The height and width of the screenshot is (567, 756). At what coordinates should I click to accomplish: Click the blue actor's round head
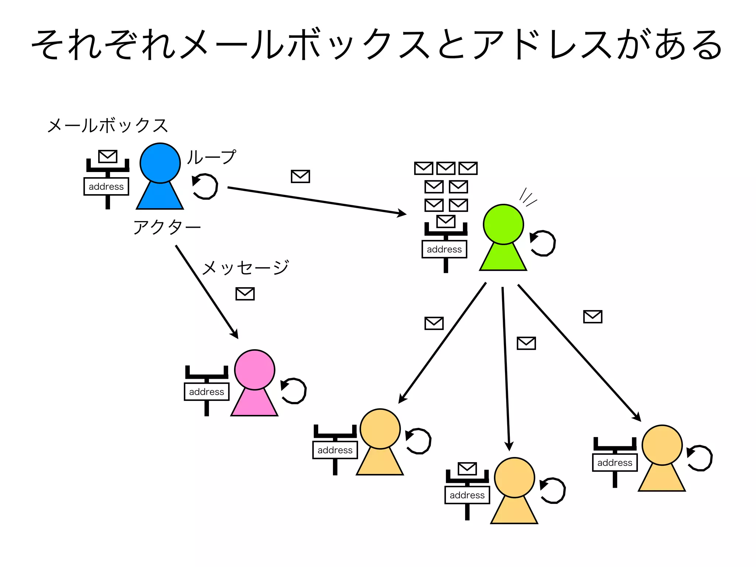tap(160, 163)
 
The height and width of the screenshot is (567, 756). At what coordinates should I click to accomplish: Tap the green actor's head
tap(503, 224)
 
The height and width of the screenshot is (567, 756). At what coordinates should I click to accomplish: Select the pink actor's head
tap(254, 370)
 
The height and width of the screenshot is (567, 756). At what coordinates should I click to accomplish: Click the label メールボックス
tap(107, 126)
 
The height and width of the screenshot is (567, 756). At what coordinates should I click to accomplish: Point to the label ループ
tap(211, 157)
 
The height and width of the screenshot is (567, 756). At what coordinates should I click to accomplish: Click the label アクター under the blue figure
tap(166, 227)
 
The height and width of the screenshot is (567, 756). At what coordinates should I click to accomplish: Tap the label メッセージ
tap(245, 267)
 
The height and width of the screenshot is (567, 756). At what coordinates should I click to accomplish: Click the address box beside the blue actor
tap(106, 186)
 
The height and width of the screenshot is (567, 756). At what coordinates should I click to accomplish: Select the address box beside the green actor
tap(444, 249)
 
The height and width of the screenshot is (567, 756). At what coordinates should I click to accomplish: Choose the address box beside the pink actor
tap(206, 392)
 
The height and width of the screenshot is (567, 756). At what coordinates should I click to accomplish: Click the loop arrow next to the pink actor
tap(293, 391)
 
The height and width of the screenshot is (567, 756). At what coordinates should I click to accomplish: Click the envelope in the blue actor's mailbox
tap(108, 156)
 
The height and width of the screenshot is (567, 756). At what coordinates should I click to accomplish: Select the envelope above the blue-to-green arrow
tap(300, 176)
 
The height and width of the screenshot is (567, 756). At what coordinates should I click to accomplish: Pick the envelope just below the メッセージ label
tap(245, 294)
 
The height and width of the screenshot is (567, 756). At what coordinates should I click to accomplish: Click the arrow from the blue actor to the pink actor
tap(207, 292)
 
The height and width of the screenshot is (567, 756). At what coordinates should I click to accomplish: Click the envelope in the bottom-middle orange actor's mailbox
tap(467, 469)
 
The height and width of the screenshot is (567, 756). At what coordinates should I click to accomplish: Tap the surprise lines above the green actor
tap(527, 197)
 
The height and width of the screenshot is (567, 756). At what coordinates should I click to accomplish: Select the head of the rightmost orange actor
tap(662, 445)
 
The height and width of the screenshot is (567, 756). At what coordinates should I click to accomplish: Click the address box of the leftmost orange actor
tap(335, 450)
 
